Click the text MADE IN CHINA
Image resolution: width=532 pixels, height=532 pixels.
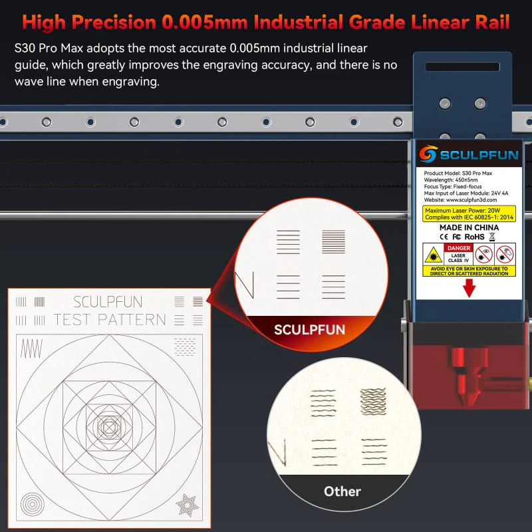coord(469,227)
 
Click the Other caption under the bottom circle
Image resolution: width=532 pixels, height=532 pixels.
coord(342,491)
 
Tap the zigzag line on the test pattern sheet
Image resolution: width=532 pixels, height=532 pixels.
coord(31,347)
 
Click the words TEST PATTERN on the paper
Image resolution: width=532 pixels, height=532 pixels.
coord(109,320)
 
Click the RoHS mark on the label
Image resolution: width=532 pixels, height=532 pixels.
coord(474,236)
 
